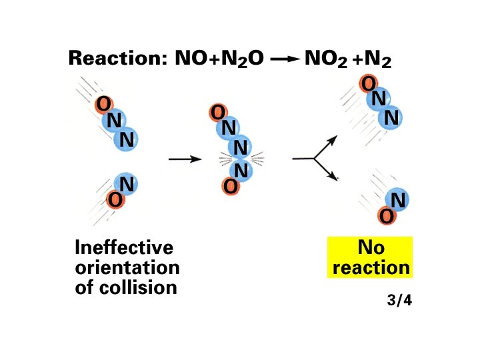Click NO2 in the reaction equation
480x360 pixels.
click(325, 60)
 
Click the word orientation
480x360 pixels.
click(127, 268)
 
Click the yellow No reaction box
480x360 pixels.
click(371, 258)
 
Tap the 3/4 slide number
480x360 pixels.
click(399, 300)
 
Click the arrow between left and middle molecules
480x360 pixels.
click(185, 159)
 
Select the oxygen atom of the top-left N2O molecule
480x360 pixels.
click(103, 105)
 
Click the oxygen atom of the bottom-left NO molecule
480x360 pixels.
click(114, 199)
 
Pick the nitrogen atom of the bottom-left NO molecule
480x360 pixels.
click(127, 184)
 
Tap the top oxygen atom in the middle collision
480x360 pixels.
click(217, 113)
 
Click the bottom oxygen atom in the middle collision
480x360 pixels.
click(231, 187)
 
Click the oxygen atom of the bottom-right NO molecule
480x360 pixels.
click(385, 216)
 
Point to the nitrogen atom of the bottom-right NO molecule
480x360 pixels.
click(398, 200)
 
